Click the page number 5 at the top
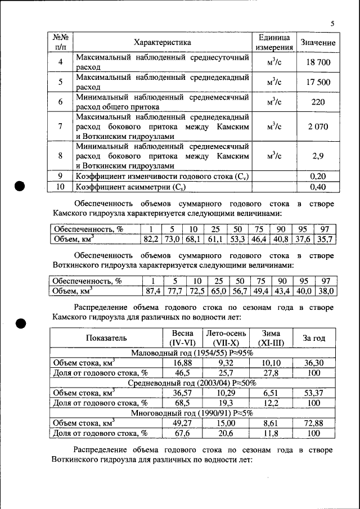(x=332, y=24)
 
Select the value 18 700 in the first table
(x=318, y=62)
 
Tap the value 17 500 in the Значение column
(x=318, y=83)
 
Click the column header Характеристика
(x=162, y=43)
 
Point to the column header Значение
(x=318, y=43)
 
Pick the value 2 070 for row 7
(x=318, y=127)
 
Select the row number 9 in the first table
(x=60, y=176)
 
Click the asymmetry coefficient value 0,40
(x=318, y=187)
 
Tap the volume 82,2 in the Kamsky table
(x=150, y=239)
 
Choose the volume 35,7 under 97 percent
(x=325, y=239)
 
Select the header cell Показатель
(x=106, y=338)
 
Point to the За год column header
(x=314, y=338)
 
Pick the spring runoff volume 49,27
(x=183, y=423)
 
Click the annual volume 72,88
(x=314, y=423)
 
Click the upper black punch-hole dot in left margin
(x=21, y=187)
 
